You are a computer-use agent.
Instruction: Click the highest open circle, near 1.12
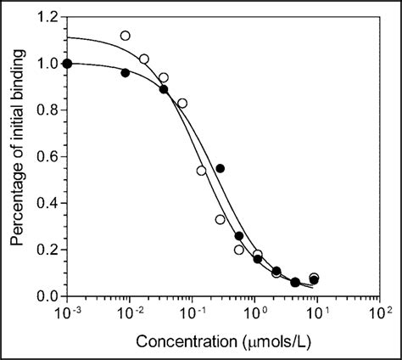126,36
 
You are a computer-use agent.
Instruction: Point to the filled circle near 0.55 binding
220,168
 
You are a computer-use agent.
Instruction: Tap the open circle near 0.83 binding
182,103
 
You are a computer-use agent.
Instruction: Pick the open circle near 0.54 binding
201,171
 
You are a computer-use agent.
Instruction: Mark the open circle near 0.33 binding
220,219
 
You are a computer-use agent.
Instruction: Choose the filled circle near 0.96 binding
126,73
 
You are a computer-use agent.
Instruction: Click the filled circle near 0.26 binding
239,235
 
